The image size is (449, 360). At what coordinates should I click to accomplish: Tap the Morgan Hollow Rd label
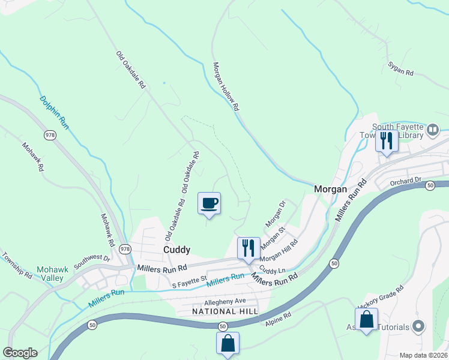(226, 87)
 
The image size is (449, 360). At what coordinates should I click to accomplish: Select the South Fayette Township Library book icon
(432, 130)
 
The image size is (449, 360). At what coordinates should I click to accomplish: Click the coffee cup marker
(209, 203)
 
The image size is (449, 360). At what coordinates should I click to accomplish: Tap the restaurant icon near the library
(387, 142)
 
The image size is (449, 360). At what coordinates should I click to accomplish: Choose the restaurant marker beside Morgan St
(248, 248)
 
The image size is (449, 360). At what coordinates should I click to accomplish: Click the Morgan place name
(331, 189)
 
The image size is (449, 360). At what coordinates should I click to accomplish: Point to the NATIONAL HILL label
(225, 311)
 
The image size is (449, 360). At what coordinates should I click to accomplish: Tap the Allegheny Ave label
(225, 301)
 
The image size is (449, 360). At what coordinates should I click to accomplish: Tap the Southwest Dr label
(92, 262)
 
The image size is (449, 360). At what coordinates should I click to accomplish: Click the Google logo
(20, 353)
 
